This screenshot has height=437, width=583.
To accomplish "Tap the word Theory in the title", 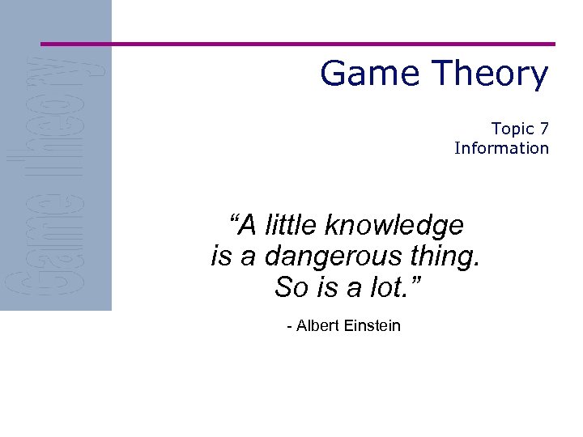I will tap(486, 74).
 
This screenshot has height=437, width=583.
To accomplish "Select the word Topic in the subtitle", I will tap(513, 129).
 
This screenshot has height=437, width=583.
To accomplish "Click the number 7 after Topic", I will tap(544, 129).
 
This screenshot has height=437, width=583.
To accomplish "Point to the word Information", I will tap(501, 148).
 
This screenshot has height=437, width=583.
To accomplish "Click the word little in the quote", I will tap(291, 225).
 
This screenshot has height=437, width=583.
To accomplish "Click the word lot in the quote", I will tap(388, 286).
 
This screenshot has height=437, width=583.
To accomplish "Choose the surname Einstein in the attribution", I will tap(372, 326).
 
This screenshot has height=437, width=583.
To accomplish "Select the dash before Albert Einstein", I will tap(290, 327).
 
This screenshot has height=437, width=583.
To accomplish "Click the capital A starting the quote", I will tap(249, 225).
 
